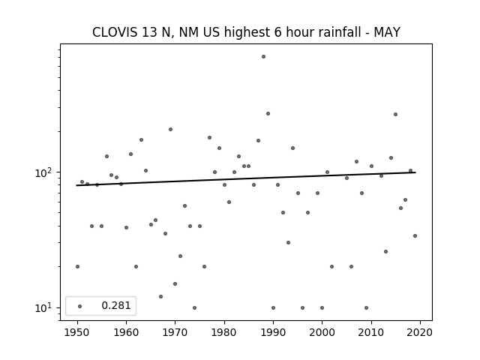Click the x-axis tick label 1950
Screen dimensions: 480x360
tap(77, 332)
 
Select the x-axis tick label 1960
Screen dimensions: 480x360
tap(126, 332)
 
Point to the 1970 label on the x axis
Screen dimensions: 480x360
tap(175, 332)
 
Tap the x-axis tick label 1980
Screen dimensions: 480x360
tap(224, 332)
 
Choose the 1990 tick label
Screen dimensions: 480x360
tap(273, 332)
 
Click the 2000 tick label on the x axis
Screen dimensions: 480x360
tap(322, 332)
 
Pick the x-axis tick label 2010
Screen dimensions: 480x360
tap(371, 332)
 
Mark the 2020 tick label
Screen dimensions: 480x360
tap(420, 332)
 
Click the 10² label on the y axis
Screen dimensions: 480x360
tap(46, 172)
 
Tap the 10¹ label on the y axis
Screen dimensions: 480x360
tap(46, 308)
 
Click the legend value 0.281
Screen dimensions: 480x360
tap(116, 305)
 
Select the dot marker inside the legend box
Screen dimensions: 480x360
tap(80, 306)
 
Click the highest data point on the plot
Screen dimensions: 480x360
tap(263, 57)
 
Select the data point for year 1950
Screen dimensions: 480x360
tap(77, 267)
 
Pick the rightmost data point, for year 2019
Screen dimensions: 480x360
tap(415, 235)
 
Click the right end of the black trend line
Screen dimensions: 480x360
tap(415, 172)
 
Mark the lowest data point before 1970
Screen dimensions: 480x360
tap(160, 297)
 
